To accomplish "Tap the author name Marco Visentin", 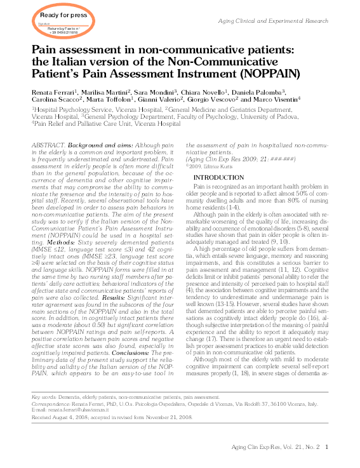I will [277, 100].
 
